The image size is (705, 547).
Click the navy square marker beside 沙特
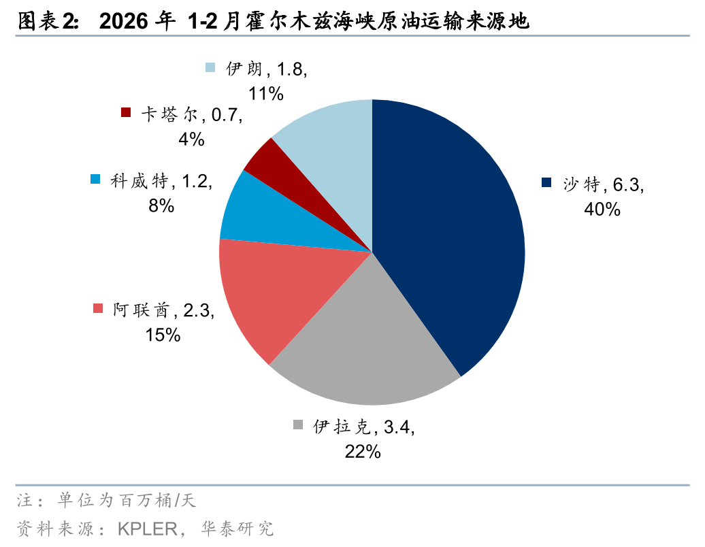coord(546,182)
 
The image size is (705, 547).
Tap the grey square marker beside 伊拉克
coord(298,425)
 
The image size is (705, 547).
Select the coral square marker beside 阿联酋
coord(98,309)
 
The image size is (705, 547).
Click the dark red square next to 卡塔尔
coord(126,112)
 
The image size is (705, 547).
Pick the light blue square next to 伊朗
coord(210,67)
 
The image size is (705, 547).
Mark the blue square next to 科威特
coord(95,180)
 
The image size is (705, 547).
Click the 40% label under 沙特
coord(602,210)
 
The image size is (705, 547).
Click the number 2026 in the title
coord(124,22)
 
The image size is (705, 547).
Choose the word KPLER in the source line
coord(146,529)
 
